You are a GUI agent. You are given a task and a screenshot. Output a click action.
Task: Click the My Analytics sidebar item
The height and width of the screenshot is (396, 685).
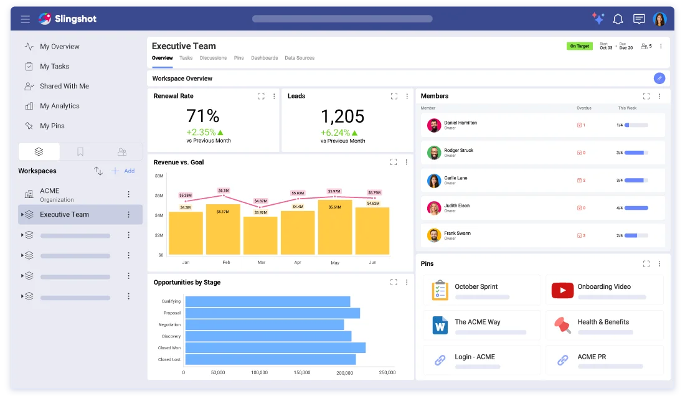coord(59,106)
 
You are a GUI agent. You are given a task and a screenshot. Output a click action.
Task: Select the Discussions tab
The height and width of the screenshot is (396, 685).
coord(213,58)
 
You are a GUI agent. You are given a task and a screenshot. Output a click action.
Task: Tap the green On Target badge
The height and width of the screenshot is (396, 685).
coord(579,46)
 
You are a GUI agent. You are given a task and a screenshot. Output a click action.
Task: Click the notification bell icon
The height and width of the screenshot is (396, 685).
coord(618,19)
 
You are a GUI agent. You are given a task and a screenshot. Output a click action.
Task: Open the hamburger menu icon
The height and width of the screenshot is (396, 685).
coord(26,19)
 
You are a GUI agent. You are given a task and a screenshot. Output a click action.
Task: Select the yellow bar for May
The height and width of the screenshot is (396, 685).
coord(335,227)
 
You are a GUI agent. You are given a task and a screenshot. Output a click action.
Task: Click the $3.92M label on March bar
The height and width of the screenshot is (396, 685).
coord(260,212)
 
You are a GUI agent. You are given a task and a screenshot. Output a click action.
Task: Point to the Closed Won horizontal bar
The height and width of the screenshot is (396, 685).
coord(275,347)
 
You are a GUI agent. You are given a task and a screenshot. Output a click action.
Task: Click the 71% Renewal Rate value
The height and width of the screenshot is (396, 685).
coord(203,116)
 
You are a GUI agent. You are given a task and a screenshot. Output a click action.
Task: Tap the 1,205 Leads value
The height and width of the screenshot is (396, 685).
coord(342,116)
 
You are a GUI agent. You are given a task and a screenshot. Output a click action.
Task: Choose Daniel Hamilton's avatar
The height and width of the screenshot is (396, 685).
coord(434,125)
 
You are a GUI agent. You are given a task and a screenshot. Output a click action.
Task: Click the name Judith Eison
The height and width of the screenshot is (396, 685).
coord(456,205)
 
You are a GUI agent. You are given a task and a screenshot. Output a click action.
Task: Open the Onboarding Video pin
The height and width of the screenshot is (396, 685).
coord(603,287)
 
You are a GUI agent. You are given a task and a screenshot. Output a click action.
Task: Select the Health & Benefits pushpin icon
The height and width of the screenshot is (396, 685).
coord(562,324)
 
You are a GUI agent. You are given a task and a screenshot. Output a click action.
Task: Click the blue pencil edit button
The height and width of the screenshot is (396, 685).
coord(659,78)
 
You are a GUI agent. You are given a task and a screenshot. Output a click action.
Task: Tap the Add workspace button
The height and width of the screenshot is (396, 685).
coord(123,171)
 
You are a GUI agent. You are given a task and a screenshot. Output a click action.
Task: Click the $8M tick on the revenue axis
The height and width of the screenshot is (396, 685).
coord(159,176)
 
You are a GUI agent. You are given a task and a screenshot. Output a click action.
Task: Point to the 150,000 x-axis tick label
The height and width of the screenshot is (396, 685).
coord(301,372)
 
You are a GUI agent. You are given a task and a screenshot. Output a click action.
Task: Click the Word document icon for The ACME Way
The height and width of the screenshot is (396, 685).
coord(440,325)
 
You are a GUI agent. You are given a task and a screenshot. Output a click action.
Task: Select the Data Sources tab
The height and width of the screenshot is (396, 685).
coord(300,58)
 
